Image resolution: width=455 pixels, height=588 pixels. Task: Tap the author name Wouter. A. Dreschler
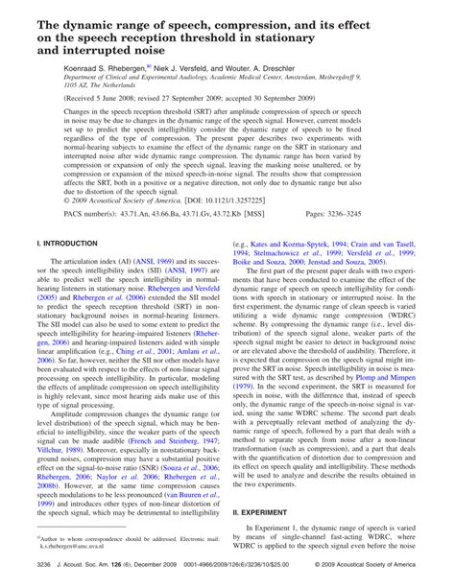(x=251, y=69)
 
